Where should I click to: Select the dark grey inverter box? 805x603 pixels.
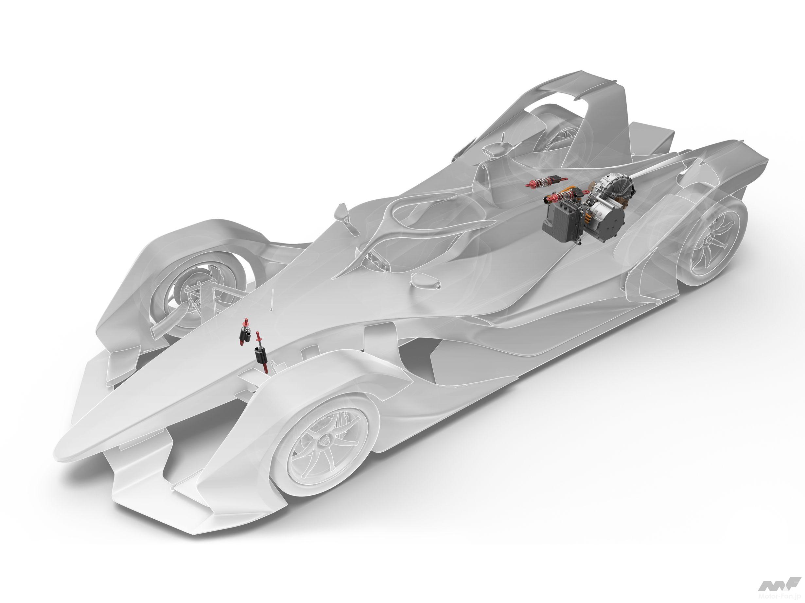pyautogui.click(x=562, y=218)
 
